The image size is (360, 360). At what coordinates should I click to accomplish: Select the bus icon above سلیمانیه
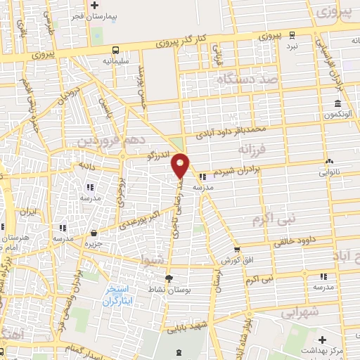(115, 50)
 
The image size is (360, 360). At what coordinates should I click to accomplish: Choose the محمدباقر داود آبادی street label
(231, 129)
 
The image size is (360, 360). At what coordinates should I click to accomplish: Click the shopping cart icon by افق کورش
(237, 249)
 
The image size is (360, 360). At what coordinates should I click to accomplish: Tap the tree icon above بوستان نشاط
(168, 277)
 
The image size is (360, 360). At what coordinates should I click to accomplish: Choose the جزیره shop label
(94, 243)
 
